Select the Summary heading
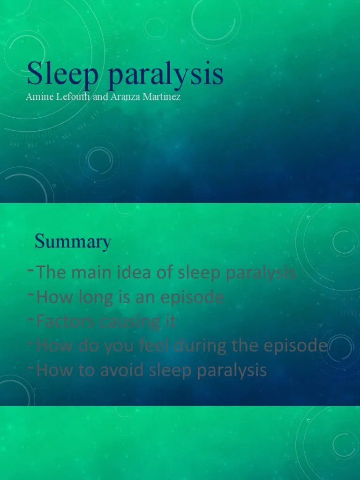[73, 242]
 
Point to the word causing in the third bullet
[126, 322]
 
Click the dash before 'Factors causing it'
[30, 319]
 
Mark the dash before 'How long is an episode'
[30, 294]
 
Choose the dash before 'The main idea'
[30, 270]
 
